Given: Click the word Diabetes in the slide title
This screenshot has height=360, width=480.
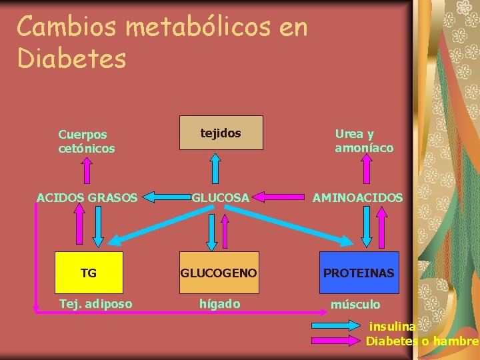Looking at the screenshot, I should (x=71, y=58).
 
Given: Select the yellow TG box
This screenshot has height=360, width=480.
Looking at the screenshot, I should (x=89, y=272).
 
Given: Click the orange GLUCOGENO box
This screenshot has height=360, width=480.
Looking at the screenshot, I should (x=219, y=272).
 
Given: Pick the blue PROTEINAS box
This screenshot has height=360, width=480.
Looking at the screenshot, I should (x=359, y=272).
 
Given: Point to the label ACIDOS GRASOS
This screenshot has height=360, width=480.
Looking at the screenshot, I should (x=87, y=197).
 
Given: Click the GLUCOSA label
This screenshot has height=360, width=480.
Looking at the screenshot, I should (x=221, y=197).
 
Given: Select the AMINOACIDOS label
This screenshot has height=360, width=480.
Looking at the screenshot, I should (x=359, y=197).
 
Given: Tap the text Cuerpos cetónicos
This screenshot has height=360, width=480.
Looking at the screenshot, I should (x=86, y=141).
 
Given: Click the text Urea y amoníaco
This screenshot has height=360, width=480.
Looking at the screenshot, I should (x=364, y=141).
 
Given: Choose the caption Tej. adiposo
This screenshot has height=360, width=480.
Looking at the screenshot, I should (x=95, y=304).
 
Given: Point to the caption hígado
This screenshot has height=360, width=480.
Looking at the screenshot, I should (x=220, y=304).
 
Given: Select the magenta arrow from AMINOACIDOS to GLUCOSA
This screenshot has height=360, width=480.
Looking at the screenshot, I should (x=279, y=197).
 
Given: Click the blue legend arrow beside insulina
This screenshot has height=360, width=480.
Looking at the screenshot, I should (x=337, y=327).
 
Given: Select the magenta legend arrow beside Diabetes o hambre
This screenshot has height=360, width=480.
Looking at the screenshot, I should (x=337, y=341).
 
